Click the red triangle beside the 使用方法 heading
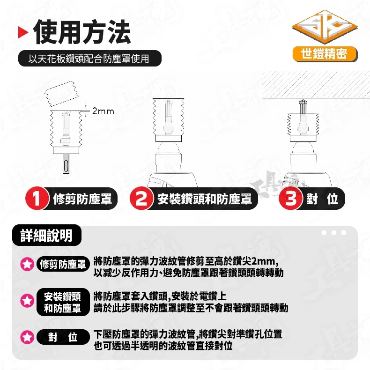click(x=22, y=33)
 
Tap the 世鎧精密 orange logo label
click(x=325, y=54)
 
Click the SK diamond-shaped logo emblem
click(x=325, y=27)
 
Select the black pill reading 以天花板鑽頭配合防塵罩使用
click(x=89, y=58)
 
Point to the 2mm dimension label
click(x=103, y=111)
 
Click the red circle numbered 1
click(x=37, y=199)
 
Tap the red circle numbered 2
click(x=141, y=199)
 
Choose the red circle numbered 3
click(x=290, y=199)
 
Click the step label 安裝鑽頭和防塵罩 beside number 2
click(x=204, y=199)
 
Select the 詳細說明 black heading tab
click(x=47, y=235)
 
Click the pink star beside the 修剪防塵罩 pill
click(x=27, y=264)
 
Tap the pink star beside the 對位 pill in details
click(x=27, y=337)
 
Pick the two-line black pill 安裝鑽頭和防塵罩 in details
click(x=63, y=302)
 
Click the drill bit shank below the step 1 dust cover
click(x=66, y=164)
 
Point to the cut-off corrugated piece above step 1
click(x=61, y=94)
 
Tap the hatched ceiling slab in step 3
click(x=316, y=84)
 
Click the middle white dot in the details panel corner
click(x=333, y=233)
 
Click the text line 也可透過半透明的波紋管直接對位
click(x=163, y=346)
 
